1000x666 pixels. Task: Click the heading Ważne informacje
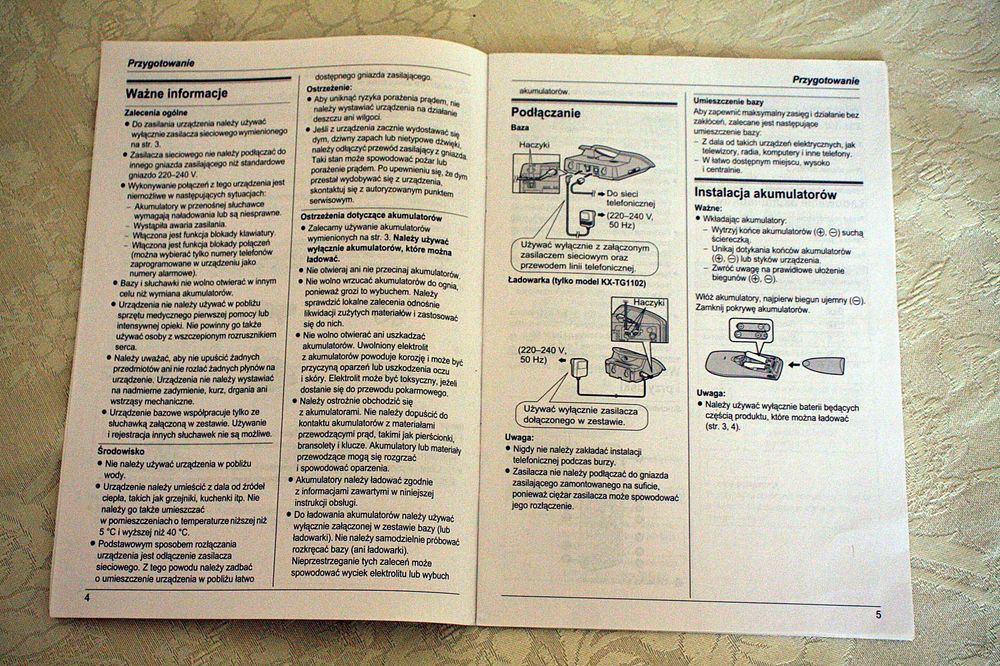(x=177, y=94)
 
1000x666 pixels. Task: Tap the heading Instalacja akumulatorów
(x=766, y=192)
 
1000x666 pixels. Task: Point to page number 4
(x=87, y=597)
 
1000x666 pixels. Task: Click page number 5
(x=878, y=613)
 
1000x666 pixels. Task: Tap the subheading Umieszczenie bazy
(x=737, y=103)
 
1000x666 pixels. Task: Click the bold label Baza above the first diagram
(x=521, y=129)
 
